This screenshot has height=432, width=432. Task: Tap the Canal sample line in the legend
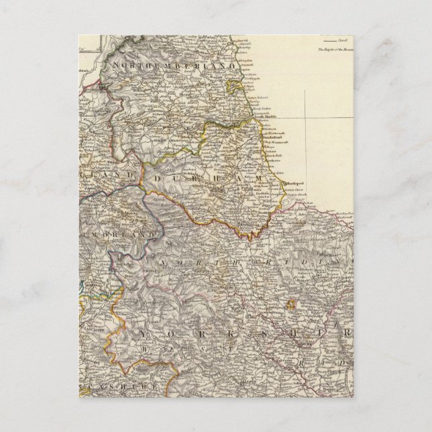(x=329, y=42)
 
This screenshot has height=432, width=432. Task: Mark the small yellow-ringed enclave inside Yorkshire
(x=291, y=304)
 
